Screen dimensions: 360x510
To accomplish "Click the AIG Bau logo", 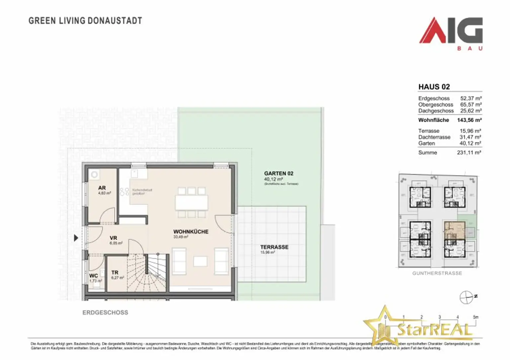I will [451, 33].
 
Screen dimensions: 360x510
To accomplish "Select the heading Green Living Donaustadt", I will [85, 21].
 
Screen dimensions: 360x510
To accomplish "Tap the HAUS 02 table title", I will [434, 87].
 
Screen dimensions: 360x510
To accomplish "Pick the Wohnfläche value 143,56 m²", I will [469, 120].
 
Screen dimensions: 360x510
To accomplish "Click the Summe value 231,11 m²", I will [469, 153].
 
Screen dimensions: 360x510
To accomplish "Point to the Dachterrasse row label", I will [434, 137].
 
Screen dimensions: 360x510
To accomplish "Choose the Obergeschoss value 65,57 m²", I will [471, 105].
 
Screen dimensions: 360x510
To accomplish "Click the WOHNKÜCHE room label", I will [191, 232].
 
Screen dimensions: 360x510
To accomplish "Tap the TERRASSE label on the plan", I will [274, 247].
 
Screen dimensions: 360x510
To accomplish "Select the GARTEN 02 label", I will [279, 174].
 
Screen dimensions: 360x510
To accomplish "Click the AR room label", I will [102, 188].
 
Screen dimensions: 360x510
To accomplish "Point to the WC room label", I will [93, 276].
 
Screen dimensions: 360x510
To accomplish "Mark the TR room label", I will [115, 272].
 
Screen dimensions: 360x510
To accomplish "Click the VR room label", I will [113, 238].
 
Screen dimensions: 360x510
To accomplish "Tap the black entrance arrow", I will [76, 238].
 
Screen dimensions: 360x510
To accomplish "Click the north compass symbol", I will [466, 297].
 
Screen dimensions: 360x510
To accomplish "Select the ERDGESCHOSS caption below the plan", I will [105, 313].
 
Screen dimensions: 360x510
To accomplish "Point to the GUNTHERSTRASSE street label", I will [437, 273].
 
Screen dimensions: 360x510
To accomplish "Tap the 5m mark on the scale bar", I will [475, 317].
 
